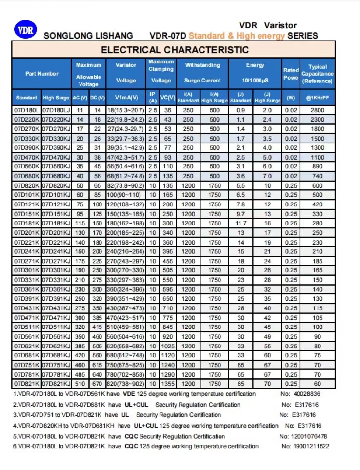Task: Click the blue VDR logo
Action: (x=25, y=30)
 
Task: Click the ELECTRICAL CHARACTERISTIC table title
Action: (x=175, y=50)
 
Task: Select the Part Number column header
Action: (x=42, y=74)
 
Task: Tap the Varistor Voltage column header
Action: (x=126, y=73)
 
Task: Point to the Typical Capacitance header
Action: (x=318, y=74)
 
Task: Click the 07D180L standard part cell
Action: (x=26, y=110)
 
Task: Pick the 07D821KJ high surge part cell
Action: (x=57, y=384)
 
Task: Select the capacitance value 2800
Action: (x=318, y=110)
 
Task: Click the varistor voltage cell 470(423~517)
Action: (x=126, y=318)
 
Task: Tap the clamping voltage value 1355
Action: (x=168, y=384)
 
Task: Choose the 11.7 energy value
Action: (x=241, y=223)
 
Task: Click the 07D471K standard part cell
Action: (x=26, y=318)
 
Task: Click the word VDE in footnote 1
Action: (x=129, y=394)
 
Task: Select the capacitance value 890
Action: (x=318, y=166)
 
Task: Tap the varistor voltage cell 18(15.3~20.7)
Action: (x=126, y=110)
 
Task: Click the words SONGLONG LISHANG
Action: (x=88, y=36)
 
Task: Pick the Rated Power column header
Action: (x=291, y=74)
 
